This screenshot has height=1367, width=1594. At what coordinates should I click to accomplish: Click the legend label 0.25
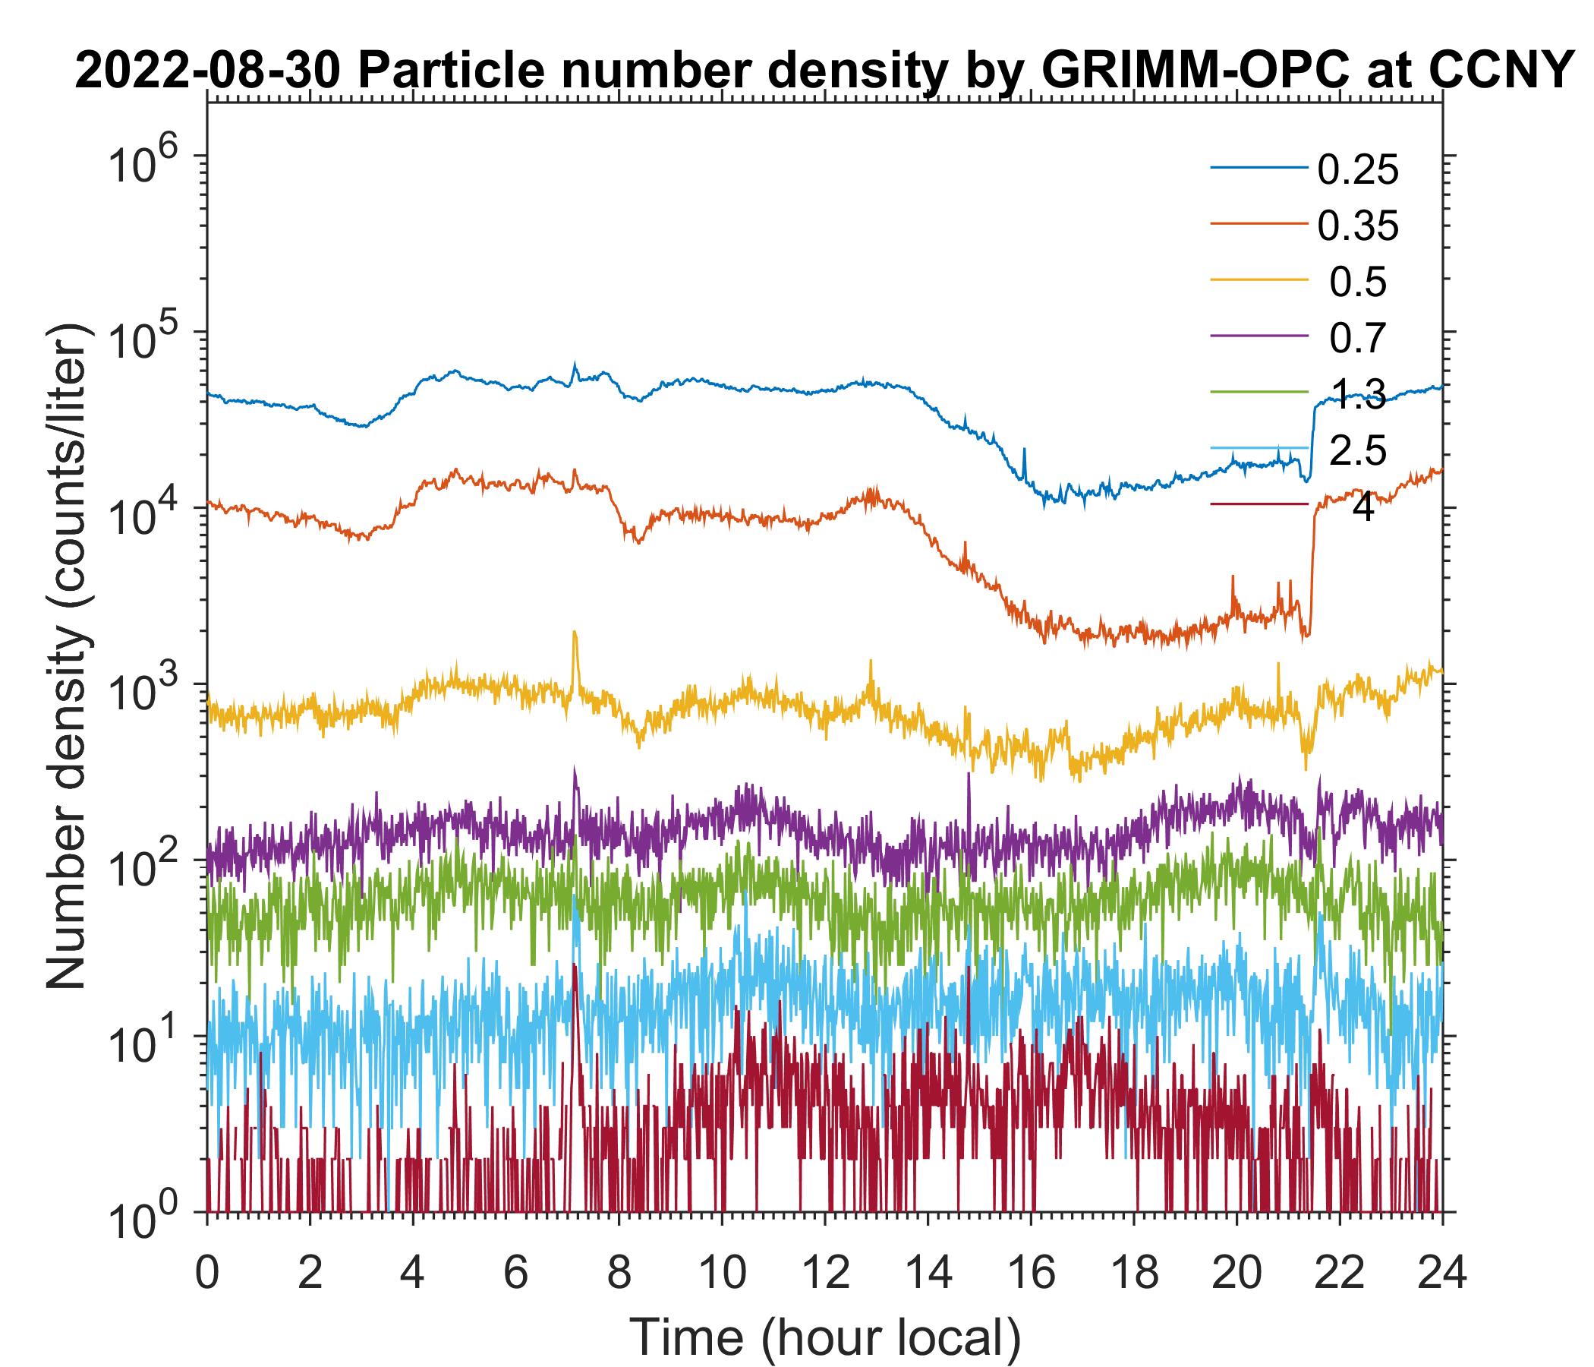[1358, 170]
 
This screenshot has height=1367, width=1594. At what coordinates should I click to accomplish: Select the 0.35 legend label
[1358, 226]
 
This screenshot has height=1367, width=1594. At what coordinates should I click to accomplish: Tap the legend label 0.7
[1358, 338]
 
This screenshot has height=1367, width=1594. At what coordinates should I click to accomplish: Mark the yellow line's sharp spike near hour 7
[574, 636]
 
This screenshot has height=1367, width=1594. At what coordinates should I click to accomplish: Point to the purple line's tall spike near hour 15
[968, 778]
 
